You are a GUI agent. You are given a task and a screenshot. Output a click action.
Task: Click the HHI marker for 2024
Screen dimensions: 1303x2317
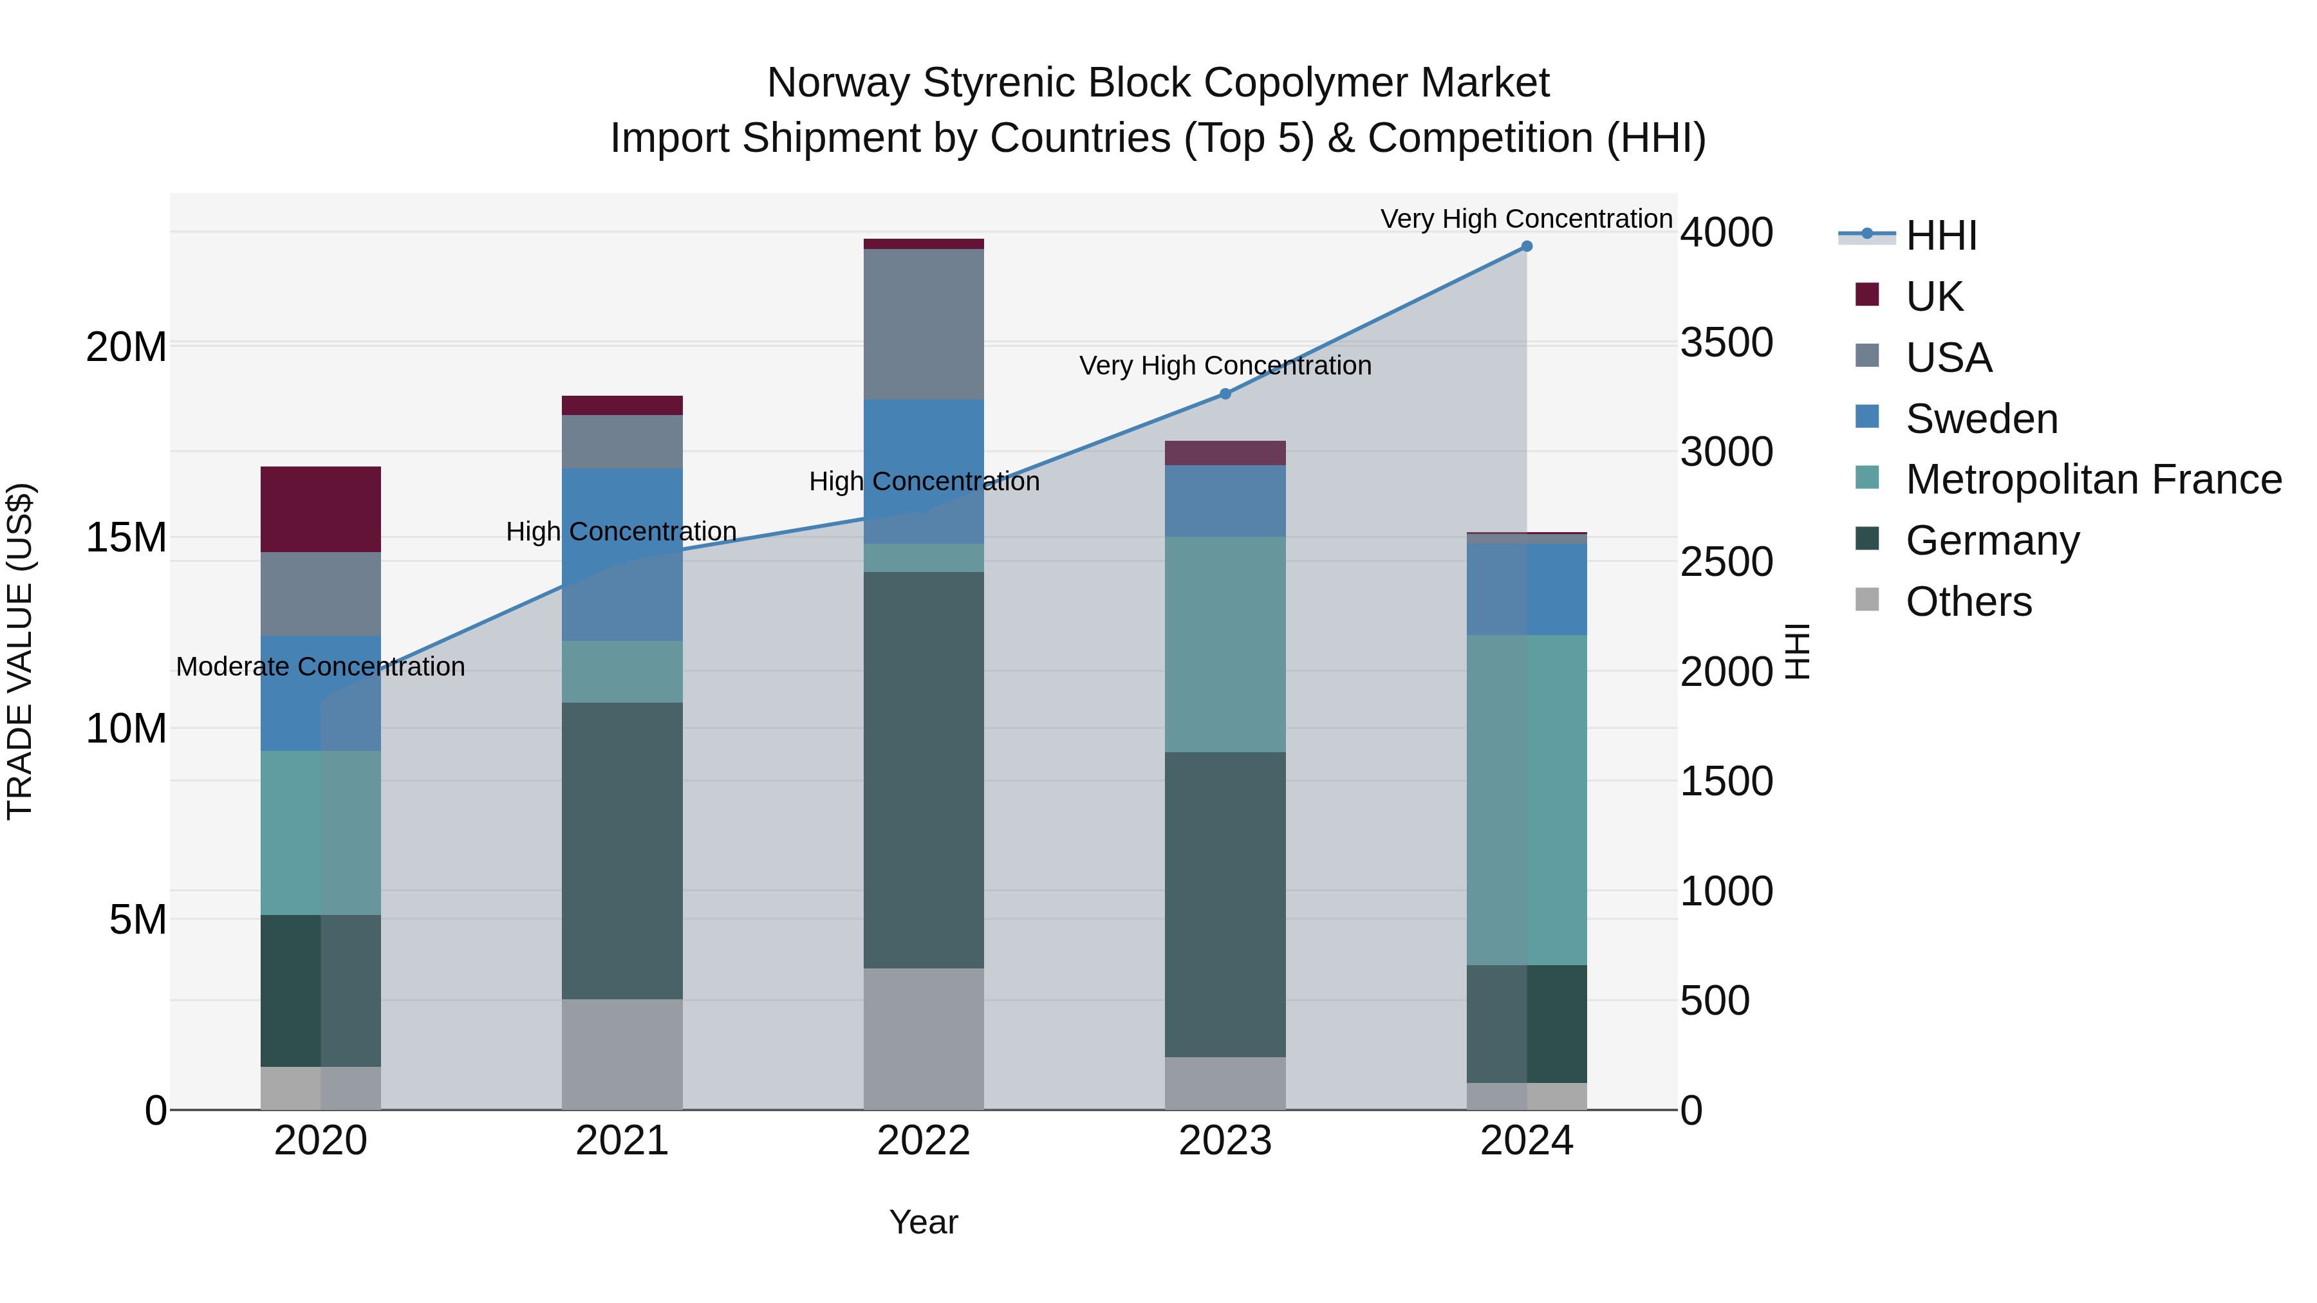(1527, 246)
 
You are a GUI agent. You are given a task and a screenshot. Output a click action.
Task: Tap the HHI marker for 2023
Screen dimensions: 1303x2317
(1225, 394)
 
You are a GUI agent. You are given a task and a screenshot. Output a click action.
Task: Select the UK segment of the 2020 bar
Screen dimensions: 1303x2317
(321, 509)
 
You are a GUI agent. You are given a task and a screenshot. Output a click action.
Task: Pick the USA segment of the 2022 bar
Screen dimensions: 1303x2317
(924, 324)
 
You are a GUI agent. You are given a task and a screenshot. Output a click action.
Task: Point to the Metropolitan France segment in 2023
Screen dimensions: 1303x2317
(1225, 644)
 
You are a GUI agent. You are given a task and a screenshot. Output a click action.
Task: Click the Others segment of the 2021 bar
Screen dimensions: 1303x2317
(622, 1054)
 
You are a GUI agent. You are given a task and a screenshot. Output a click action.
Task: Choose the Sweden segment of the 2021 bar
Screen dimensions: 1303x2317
(622, 554)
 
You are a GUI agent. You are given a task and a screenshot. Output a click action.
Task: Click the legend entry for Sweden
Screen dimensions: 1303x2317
(1982, 419)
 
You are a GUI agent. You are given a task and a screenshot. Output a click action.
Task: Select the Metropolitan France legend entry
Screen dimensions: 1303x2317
(2093, 480)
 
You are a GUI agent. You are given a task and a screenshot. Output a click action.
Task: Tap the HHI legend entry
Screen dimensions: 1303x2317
(1941, 236)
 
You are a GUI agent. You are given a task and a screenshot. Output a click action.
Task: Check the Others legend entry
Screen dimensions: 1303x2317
(1968, 602)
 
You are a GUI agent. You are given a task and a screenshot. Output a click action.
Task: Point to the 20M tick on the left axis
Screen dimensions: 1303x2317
(126, 347)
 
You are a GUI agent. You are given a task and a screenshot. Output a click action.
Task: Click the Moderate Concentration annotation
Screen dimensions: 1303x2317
(321, 667)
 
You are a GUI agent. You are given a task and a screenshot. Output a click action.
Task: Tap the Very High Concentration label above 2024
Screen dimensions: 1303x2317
(1527, 219)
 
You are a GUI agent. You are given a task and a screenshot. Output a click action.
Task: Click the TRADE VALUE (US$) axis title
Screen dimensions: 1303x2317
(20, 651)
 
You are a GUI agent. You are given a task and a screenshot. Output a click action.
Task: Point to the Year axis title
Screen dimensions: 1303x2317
(924, 1223)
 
